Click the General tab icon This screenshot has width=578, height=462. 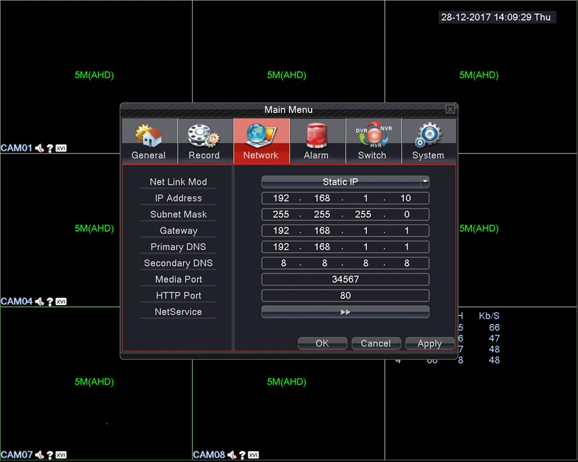[148, 136]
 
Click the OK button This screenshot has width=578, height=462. [322, 343]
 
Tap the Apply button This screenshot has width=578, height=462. [430, 343]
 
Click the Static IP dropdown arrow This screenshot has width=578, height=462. [425, 181]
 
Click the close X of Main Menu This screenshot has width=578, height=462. [450, 109]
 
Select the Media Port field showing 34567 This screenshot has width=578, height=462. [346, 279]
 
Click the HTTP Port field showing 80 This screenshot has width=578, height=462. [346, 295]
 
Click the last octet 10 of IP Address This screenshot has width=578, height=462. [405, 198]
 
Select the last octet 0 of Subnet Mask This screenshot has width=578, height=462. [406, 215]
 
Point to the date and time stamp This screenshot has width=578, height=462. [496, 17]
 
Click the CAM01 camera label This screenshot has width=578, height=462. [16, 148]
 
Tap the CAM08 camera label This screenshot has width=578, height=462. [209, 455]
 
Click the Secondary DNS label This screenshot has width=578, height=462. [178, 263]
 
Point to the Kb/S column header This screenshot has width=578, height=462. [489, 315]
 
